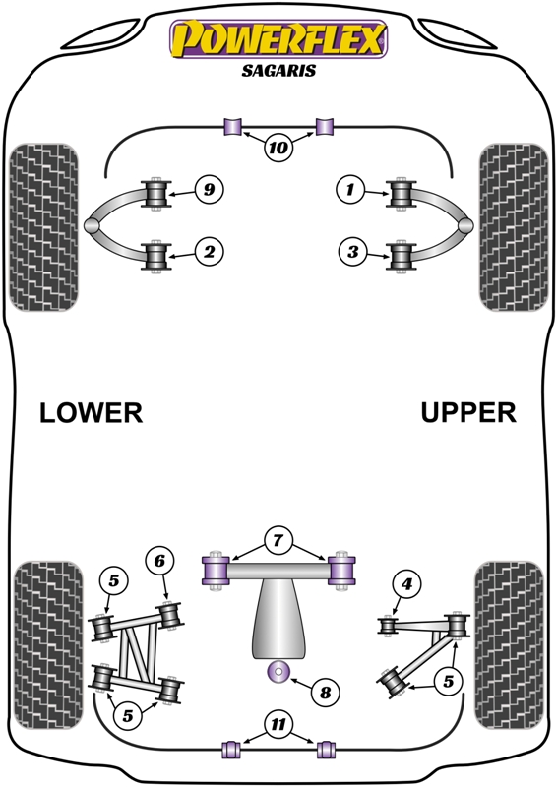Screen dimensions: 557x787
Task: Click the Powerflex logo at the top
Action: tap(278, 38)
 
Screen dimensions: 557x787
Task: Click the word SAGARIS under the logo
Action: tap(278, 70)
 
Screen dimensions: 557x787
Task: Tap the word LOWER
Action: tap(91, 412)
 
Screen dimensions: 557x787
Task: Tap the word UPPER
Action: tap(468, 412)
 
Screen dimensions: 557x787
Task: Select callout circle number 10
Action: tap(278, 147)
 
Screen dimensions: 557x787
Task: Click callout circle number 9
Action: tap(209, 189)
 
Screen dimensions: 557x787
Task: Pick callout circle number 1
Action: tap(350, 189)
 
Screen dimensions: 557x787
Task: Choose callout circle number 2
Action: tap(209, 251)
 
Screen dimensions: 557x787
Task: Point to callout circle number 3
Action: tap(353, 251)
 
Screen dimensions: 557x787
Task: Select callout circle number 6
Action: tap(159, 560)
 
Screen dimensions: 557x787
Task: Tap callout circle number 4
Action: tap(406, 583)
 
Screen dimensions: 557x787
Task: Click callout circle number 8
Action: tap(326, 693)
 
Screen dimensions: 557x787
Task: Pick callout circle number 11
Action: tap(278, 724)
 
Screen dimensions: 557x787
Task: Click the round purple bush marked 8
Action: tap(278, 671)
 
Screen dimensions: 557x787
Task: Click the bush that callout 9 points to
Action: tap(156, 193)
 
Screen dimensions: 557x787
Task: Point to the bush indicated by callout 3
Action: tap(401, 256)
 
